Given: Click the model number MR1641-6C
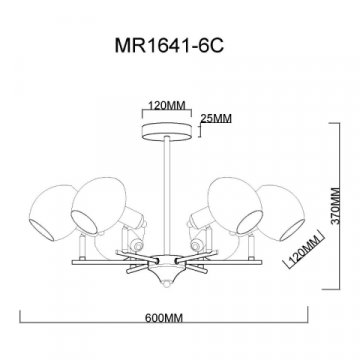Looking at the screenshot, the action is [169, 45].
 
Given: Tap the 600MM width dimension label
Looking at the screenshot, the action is [164, 318].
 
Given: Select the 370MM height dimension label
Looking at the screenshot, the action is [337, 206].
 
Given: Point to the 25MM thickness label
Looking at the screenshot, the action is [216, 119].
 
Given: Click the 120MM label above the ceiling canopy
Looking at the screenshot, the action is [167, 106].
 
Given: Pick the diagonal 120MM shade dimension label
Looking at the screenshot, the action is [304, 249].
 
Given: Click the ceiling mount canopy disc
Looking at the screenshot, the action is [167, 131].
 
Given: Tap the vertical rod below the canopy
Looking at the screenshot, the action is [167, 196].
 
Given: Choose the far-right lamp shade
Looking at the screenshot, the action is [282, 213].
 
